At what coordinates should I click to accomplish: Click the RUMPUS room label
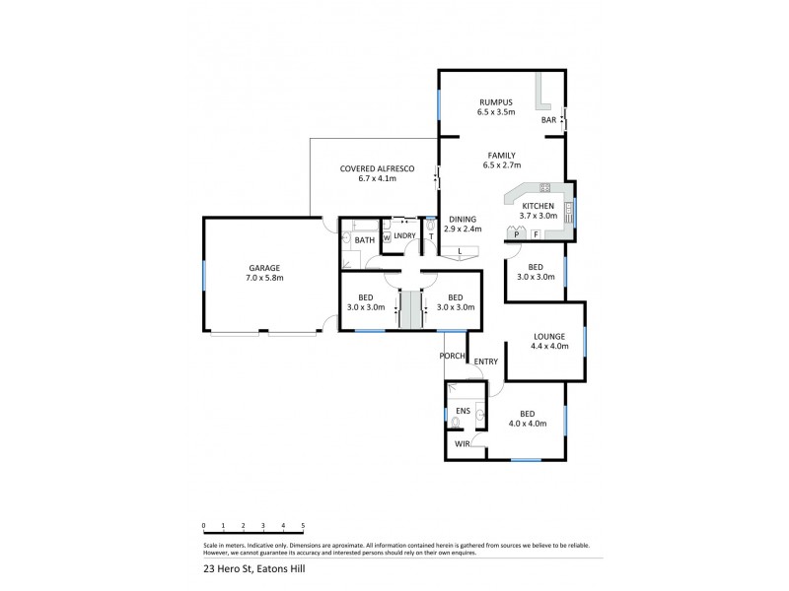pos(497,102)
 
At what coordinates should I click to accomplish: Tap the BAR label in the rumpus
pos(547,120)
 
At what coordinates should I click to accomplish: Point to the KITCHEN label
pos(538,205)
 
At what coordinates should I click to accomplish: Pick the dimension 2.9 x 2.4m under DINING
pos(462,229)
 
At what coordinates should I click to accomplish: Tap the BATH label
pos(364,239)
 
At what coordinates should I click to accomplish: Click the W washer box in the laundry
pos(387,237)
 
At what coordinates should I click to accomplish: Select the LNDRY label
pos(405,236)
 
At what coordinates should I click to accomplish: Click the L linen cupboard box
pos(461,252)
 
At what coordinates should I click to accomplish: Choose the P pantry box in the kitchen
pos(516,234)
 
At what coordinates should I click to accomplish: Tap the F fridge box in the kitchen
pos(536,234)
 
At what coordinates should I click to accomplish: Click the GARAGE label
pos(263,268)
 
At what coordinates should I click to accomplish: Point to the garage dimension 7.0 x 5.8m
pos(263,278)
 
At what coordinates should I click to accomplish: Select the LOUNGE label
pos(549,336)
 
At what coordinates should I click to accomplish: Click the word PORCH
pos(453,356)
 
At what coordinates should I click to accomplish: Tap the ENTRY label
pos(485,362)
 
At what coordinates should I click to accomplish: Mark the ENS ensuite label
pos(462,412)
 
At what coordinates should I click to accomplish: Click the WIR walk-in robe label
pos(462,444)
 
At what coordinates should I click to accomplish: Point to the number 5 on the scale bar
pos(303,526)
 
